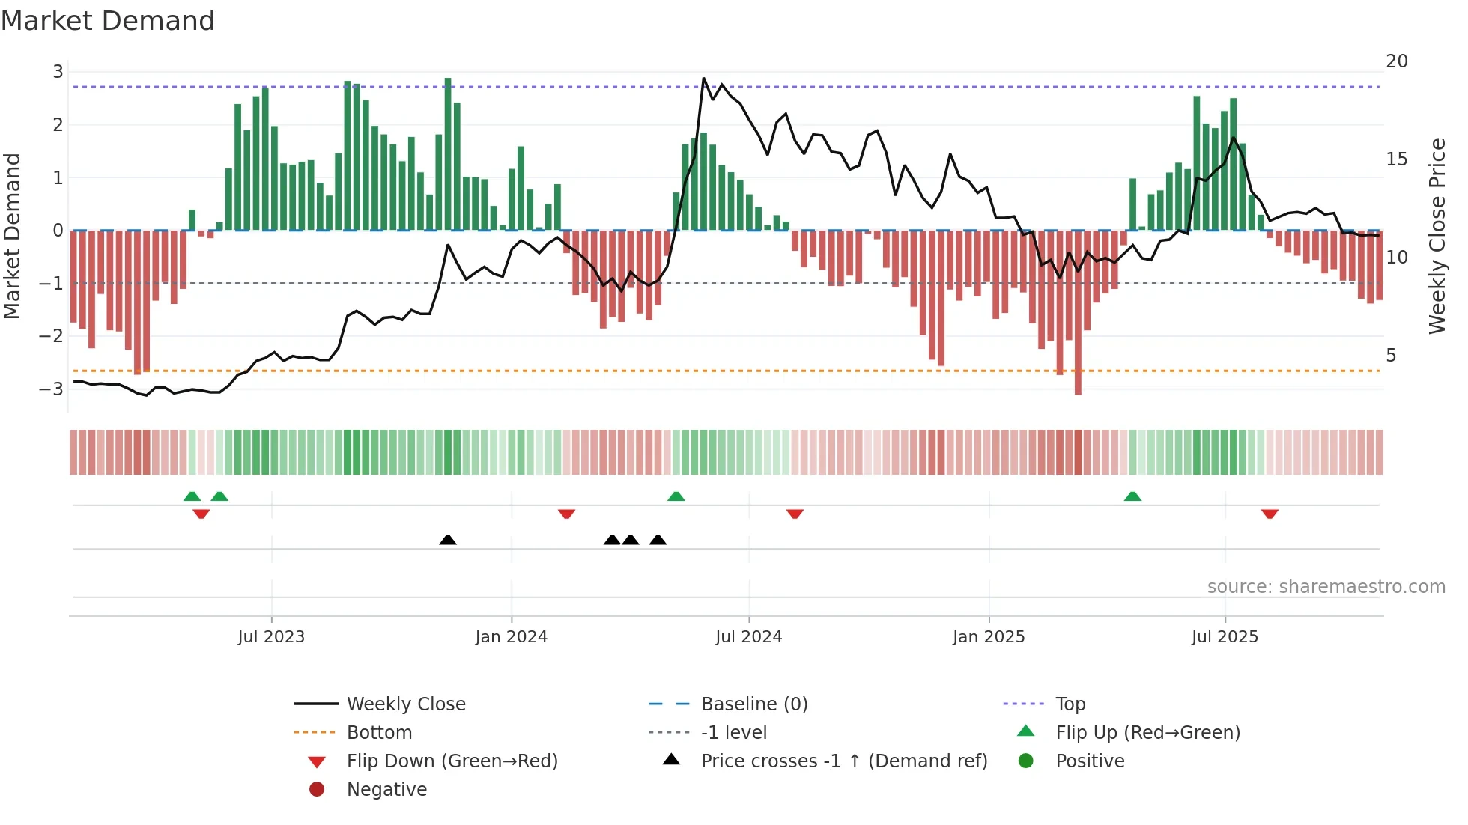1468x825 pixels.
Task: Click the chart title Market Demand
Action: (x=108, y=21)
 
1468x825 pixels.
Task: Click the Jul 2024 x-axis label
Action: (x=748, y=637)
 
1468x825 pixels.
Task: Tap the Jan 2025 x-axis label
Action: (x=988, y=637)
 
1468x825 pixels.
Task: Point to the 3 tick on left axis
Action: (x=58, y=72)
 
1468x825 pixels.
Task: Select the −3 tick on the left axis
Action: (x=52, y=389)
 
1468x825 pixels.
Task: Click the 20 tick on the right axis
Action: (x=1396, y=61)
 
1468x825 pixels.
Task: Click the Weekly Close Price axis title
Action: (x=1437, y=236)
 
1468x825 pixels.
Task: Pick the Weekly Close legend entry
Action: (x=405, y=704)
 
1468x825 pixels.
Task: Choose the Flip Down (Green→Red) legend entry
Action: (x=452, y=761)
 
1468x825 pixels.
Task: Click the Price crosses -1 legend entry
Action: (x=843, y=761)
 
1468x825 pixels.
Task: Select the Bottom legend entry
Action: (x=379, y=733)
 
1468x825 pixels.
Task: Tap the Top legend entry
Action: (x=1070, y=704)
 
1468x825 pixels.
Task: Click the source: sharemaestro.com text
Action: (x=1326, y=587)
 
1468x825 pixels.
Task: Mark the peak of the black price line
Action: (x=703, y=78)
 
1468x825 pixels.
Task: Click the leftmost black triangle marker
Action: (x=448, y=540)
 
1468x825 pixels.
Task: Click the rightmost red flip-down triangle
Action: (x=1270, y=514)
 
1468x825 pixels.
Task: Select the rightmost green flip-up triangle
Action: (x=1132, y=496)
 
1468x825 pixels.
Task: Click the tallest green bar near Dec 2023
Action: (x=448, y=153)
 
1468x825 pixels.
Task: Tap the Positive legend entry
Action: (x=1089, y=761)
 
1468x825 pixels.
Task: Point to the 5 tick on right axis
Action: (x=1391, y=356)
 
